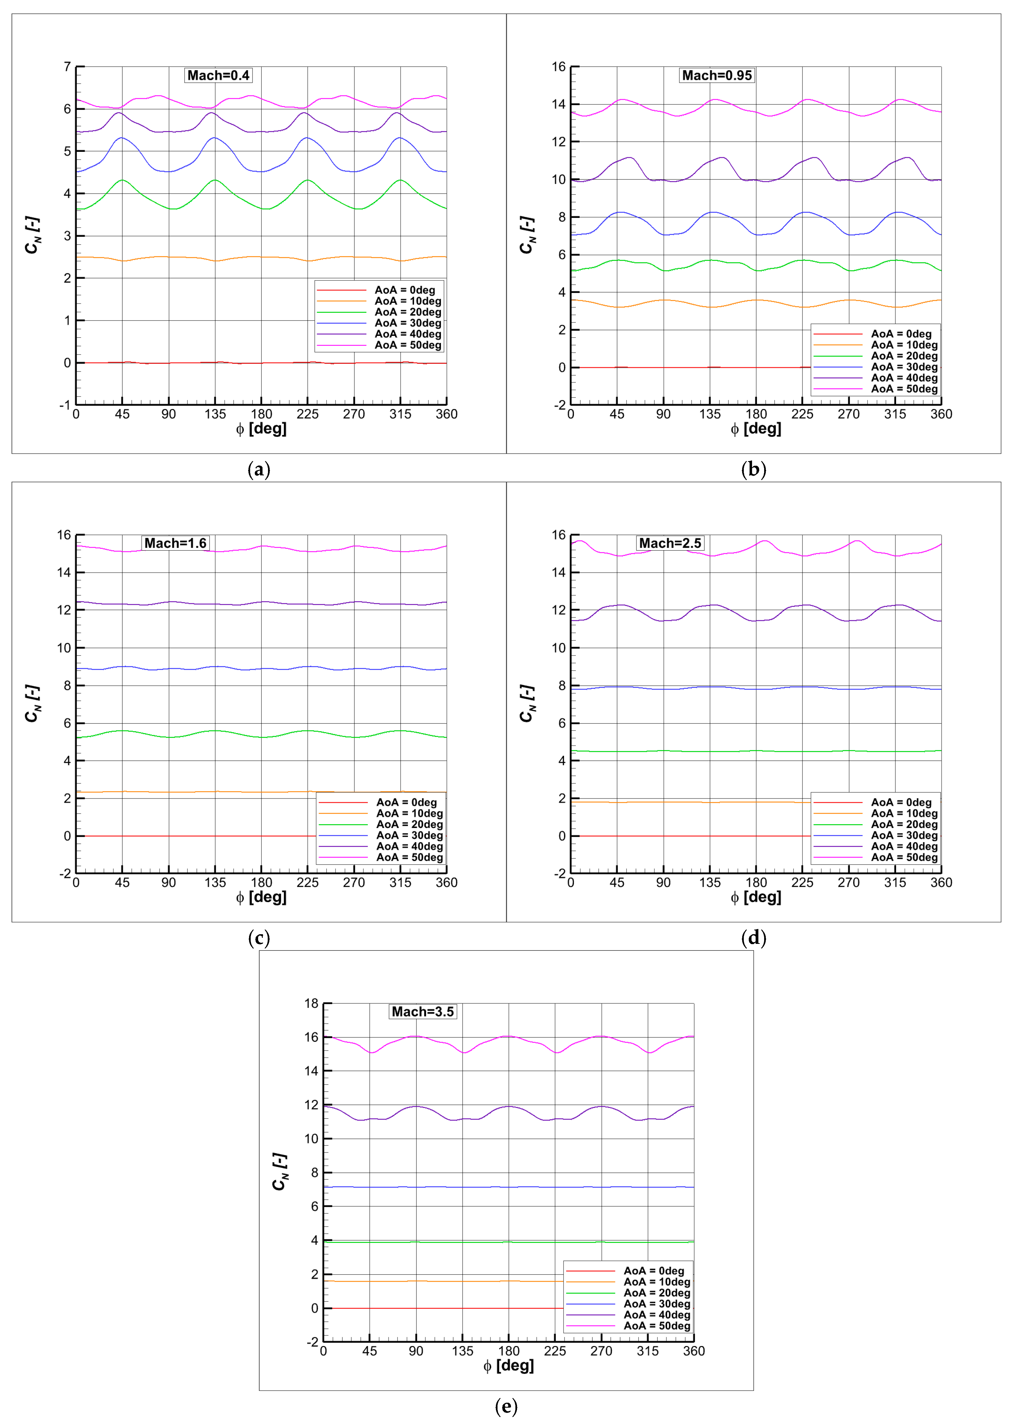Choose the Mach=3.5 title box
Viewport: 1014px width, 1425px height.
point(423,1012)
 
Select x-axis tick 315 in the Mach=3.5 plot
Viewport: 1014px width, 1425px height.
point(648,1351)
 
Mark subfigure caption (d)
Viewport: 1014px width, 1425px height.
point(754,938)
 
